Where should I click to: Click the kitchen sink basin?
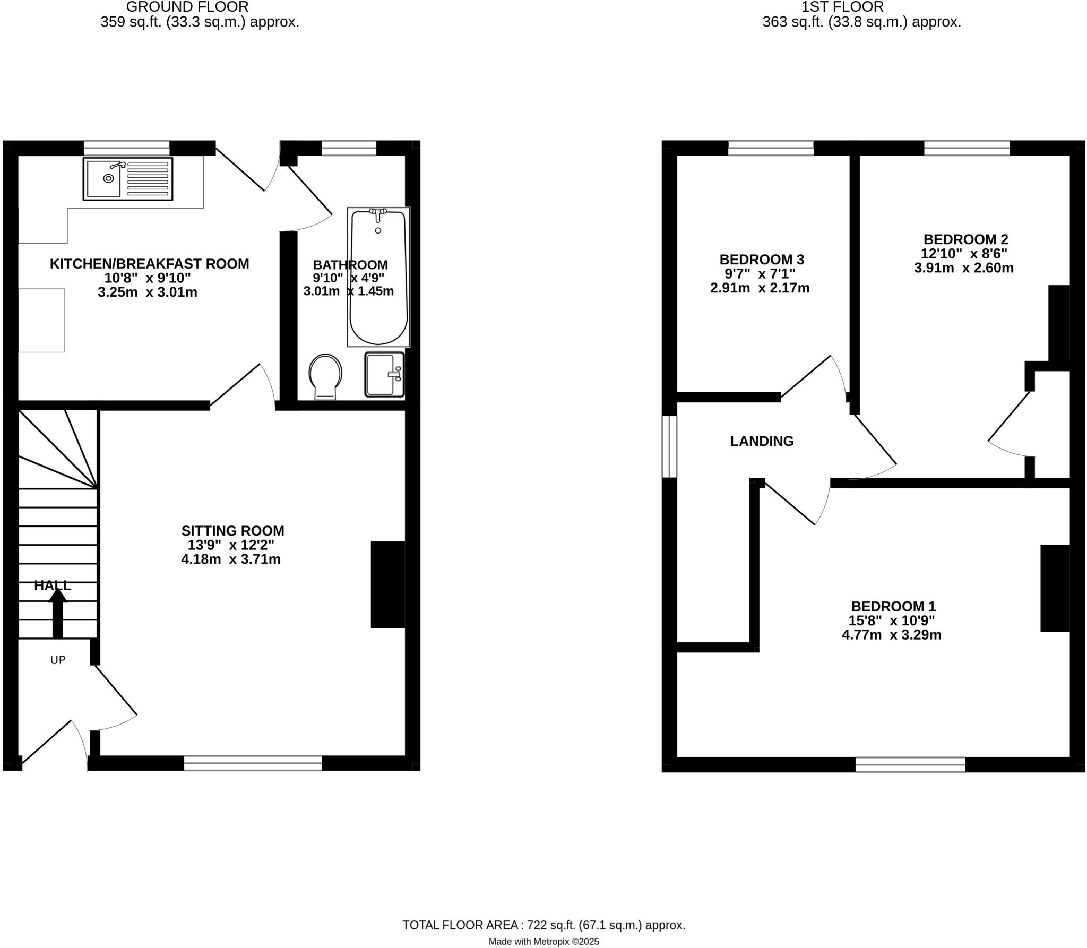[104, 179]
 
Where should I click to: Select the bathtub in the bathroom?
[378, 277]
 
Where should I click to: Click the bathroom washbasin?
[384, 374]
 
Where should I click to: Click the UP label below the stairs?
[58, 660]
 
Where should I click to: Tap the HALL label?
[53, 585]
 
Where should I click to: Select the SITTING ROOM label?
[232, 531]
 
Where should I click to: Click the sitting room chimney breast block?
[388, 584]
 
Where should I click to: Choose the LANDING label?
[762, 441]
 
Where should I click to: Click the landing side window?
[669, 446]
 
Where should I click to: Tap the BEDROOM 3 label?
[762, 260]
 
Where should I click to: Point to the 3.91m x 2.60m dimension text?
[964, 268]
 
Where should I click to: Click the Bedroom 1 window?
[910, 764]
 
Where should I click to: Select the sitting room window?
[253, 763]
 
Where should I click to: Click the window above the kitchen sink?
[126, 148]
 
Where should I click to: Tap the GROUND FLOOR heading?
[187, 7]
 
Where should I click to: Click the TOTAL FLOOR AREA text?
[543, 925]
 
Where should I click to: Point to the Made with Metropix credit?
[543, 942]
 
